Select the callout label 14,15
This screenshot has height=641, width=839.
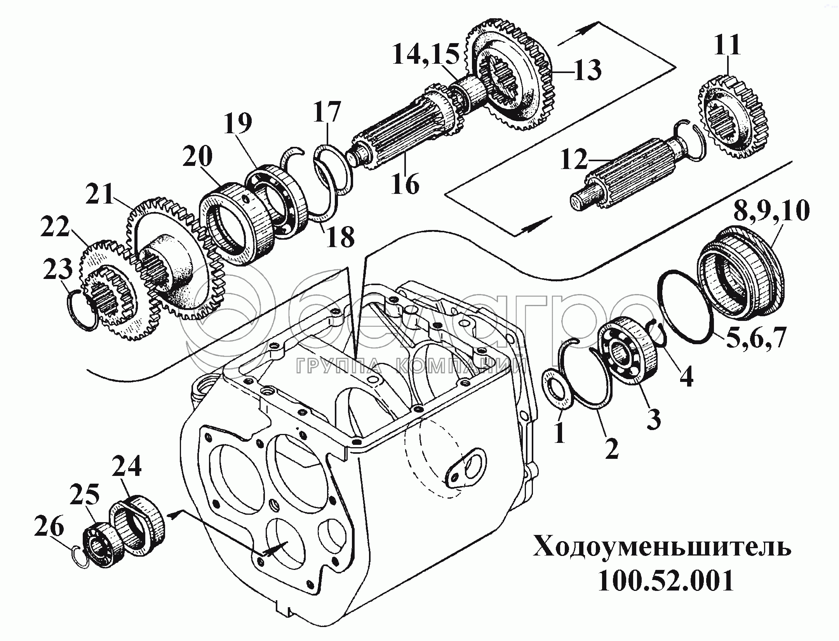(426, 54)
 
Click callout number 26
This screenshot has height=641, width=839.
(49, 528)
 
